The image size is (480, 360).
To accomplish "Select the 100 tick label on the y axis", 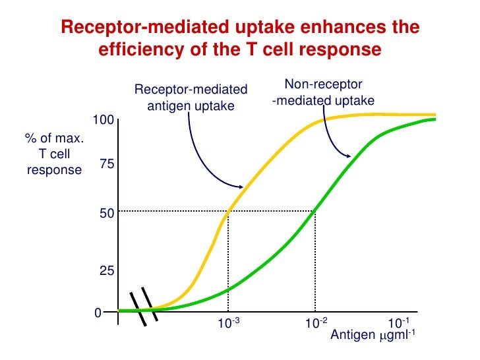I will (104, 120).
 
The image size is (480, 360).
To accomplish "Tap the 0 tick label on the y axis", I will (98, 313).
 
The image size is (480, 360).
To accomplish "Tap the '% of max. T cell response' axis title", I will (54, 154).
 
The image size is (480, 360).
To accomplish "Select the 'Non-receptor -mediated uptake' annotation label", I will (323, 92).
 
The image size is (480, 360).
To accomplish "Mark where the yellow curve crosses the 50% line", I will (228, 211).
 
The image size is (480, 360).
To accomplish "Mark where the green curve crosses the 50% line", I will (315, 211).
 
